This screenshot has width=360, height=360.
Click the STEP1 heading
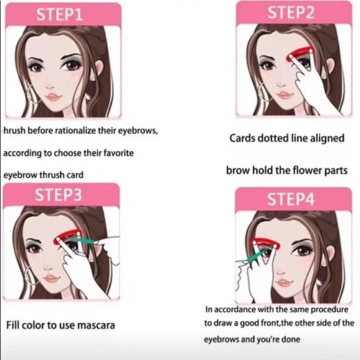click(x=59, y=14)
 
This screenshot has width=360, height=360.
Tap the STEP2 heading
click(x=291, y=12)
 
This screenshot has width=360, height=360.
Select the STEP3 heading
click(x=58, y=195)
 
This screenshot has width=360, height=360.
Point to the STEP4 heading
click(x=290, y=199)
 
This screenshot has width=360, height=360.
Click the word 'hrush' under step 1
click(x=14, y=130)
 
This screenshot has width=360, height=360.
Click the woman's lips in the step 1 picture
click(x=53, y=97)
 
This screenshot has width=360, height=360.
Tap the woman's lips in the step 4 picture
click(x=284, y=282)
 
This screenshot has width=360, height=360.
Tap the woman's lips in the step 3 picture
click(x=52, y=279)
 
